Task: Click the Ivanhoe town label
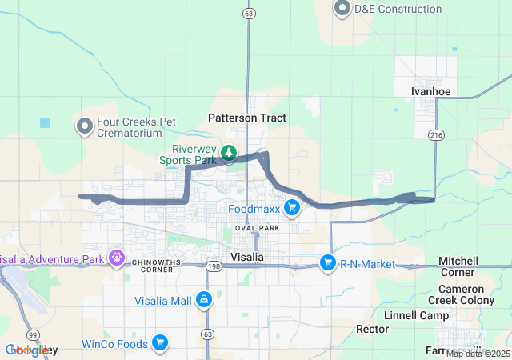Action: [x=431, y=91]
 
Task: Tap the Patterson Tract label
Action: [x=247, y=118]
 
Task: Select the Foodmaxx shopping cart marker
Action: [x=291, y=209]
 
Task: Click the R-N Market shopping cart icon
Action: [x=327, y=262]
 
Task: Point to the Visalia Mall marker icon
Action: [x=205, y=301]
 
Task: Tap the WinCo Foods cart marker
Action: [x=160, y=344]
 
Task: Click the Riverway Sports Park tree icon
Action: [x=229, y=152]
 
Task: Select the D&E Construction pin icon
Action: [x=343, y=9]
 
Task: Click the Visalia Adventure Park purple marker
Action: [x=117, y=258]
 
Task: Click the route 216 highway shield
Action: [x=435, y=135]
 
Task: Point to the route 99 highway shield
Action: [x=31, y=334]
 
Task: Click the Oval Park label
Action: [x=257, y=228]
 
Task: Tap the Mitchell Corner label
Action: [x=458, y=267]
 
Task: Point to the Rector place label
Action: [x=372, y=330]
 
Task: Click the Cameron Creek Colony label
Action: [x=471, y=294]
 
